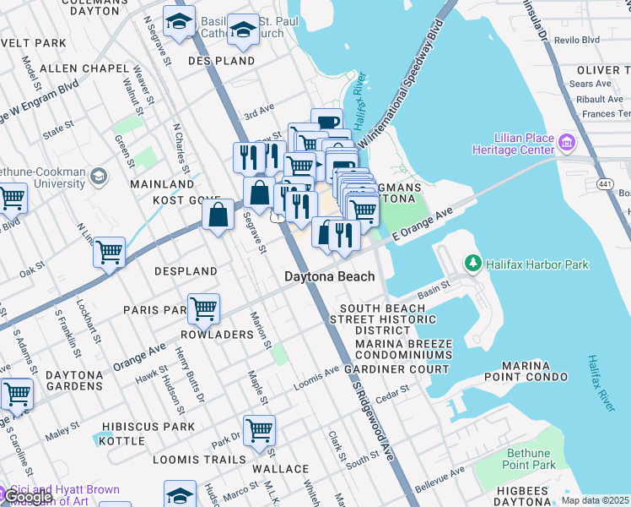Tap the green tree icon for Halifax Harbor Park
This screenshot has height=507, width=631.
click(x=472, y=264)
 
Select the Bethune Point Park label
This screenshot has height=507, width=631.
click(x=528, y=459)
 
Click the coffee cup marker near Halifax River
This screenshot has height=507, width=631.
click(x=326, y=122)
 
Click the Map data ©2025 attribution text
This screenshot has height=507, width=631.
click(x=596, y=500)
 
